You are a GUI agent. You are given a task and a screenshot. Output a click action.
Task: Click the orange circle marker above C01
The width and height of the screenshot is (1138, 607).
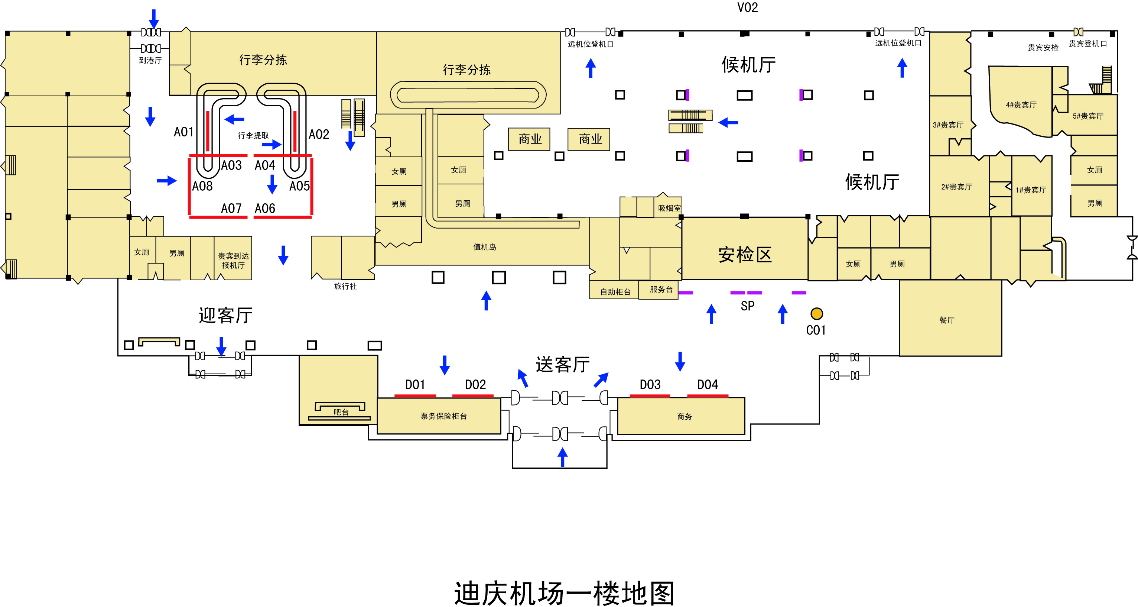click(816, 313)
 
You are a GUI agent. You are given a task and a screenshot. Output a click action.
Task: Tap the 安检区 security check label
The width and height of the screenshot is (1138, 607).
click(745, 255)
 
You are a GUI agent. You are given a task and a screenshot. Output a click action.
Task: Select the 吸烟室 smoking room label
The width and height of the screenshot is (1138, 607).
click(669, 208)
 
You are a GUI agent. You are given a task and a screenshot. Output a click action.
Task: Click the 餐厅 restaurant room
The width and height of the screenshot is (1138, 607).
click(950, 318)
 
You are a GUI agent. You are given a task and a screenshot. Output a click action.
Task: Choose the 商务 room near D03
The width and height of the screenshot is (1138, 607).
click(681, 416)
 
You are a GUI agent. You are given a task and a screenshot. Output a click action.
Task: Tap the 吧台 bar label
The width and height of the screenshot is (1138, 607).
click(341, 412)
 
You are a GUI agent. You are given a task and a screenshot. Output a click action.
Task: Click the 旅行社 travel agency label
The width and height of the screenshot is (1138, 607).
click(345, 287)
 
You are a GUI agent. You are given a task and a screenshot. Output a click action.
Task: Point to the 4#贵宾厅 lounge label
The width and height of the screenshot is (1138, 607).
click(1021, 105)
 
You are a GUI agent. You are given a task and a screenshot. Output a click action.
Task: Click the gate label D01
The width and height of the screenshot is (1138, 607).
click(415, 385)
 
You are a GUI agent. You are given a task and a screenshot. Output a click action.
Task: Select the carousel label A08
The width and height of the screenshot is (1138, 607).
click(202, 186)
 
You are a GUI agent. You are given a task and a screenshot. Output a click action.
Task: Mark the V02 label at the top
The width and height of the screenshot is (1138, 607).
click(748, 7)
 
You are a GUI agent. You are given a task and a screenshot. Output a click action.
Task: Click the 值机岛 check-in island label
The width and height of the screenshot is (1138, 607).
click(485, 247)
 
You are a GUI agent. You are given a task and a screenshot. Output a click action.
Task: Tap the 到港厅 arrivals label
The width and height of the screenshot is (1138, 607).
click(150, 61)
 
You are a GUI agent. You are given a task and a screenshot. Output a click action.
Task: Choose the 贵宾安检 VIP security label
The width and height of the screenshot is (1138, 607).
click(1043, 47)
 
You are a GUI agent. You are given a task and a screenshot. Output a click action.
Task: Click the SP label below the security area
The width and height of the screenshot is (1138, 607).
click(748, 306)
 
